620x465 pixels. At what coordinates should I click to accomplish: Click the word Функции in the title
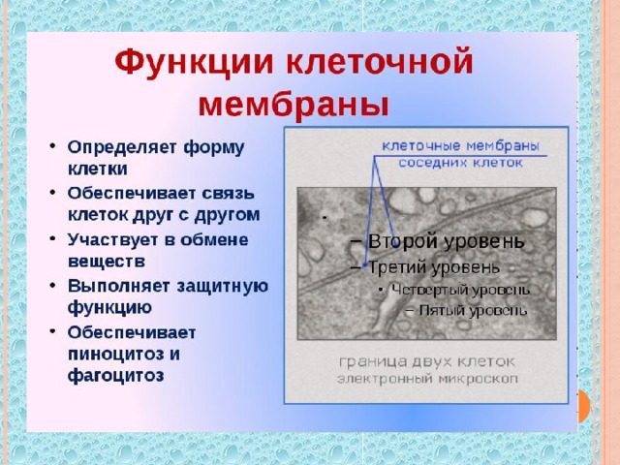pos(194,62)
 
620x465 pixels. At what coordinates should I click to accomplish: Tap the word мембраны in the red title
pos(294,106)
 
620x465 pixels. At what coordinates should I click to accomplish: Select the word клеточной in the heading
pos(380,61)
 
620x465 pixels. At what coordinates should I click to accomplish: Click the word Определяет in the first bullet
pos(122,148)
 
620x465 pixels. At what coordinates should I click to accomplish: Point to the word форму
pos(214,148)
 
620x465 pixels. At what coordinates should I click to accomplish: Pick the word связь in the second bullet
pos(229,194)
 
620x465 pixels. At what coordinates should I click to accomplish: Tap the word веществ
pos(107,262)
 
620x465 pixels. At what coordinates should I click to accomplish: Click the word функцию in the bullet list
pos(109,307)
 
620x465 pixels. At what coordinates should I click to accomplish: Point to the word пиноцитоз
pos(114,354)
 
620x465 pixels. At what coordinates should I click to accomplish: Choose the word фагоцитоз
pos(116,375)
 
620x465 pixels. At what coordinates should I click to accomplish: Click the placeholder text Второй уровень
pos(447,241)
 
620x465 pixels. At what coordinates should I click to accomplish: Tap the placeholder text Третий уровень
pos(434,267)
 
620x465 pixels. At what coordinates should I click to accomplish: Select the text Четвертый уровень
pos(461,290)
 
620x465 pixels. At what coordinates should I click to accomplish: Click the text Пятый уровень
pos(473,310)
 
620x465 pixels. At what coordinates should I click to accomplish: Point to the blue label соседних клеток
pos(461,163)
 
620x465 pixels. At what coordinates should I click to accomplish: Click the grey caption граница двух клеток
pos(427,361)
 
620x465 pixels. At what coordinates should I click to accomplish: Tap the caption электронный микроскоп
pos(427,379)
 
